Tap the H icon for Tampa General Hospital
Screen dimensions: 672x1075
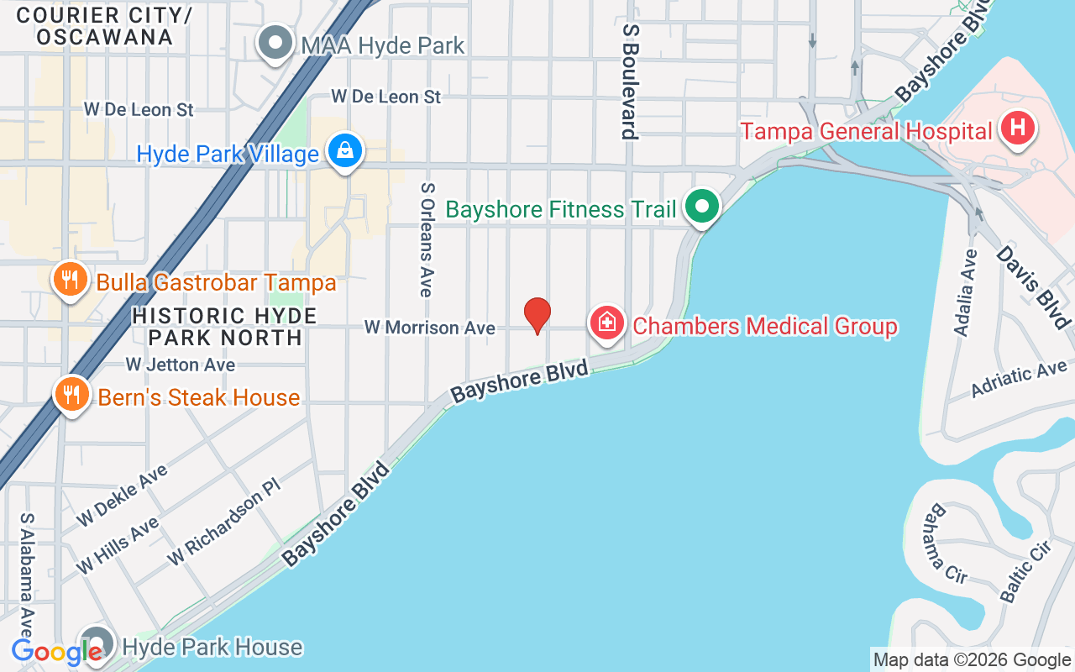(x=1018, y=129)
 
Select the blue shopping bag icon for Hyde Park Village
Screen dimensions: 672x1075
(x=344, y=152)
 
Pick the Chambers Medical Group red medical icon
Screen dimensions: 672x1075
(x=606, y=323)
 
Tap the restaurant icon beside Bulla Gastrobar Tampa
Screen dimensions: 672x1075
(x=71, y=280)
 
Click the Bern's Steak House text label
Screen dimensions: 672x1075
(x=199, y=397)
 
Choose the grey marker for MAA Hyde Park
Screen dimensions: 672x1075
(x=274, y=44)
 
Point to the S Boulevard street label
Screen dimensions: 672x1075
(x=631, y=81)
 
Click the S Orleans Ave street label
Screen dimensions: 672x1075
(x=427, y=239)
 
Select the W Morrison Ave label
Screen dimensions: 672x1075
(x=429, y=328)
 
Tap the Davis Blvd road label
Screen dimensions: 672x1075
(x=1035, y=286)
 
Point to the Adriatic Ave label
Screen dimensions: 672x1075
(x=1019, y=379)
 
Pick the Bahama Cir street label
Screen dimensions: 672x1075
(x=944, y=543)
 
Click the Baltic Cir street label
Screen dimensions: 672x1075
(x=1025, y=571)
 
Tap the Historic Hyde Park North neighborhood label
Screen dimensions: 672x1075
(x=224, y=327)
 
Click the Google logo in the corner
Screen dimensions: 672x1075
(x=55, y=652)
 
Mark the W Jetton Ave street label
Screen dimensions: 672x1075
(x=180, y=365)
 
